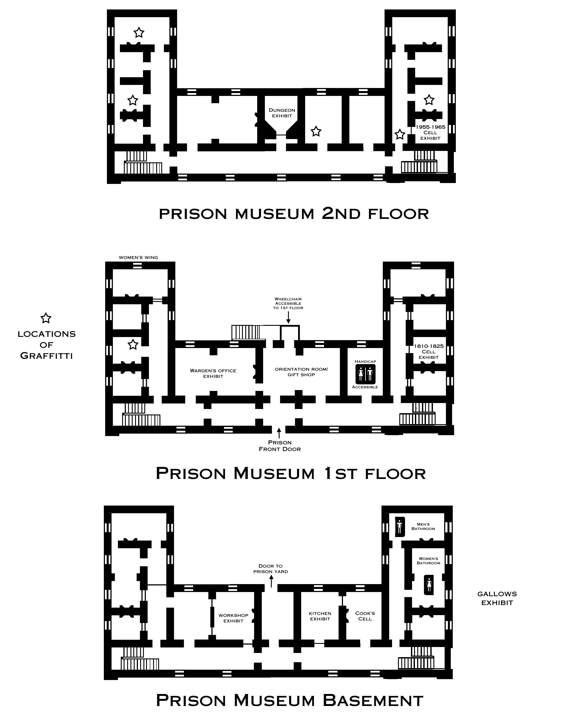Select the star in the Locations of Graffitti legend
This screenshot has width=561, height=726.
(46, 318)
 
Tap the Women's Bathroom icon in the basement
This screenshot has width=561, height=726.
(429, 585)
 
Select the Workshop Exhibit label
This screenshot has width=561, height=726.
(233, 618)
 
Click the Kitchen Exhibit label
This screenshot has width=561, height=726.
(320, 616)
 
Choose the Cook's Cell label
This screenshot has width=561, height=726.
(365, 616)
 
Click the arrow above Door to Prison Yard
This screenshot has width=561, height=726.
(271, 582)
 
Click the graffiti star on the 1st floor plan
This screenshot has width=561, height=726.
(133, 344)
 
